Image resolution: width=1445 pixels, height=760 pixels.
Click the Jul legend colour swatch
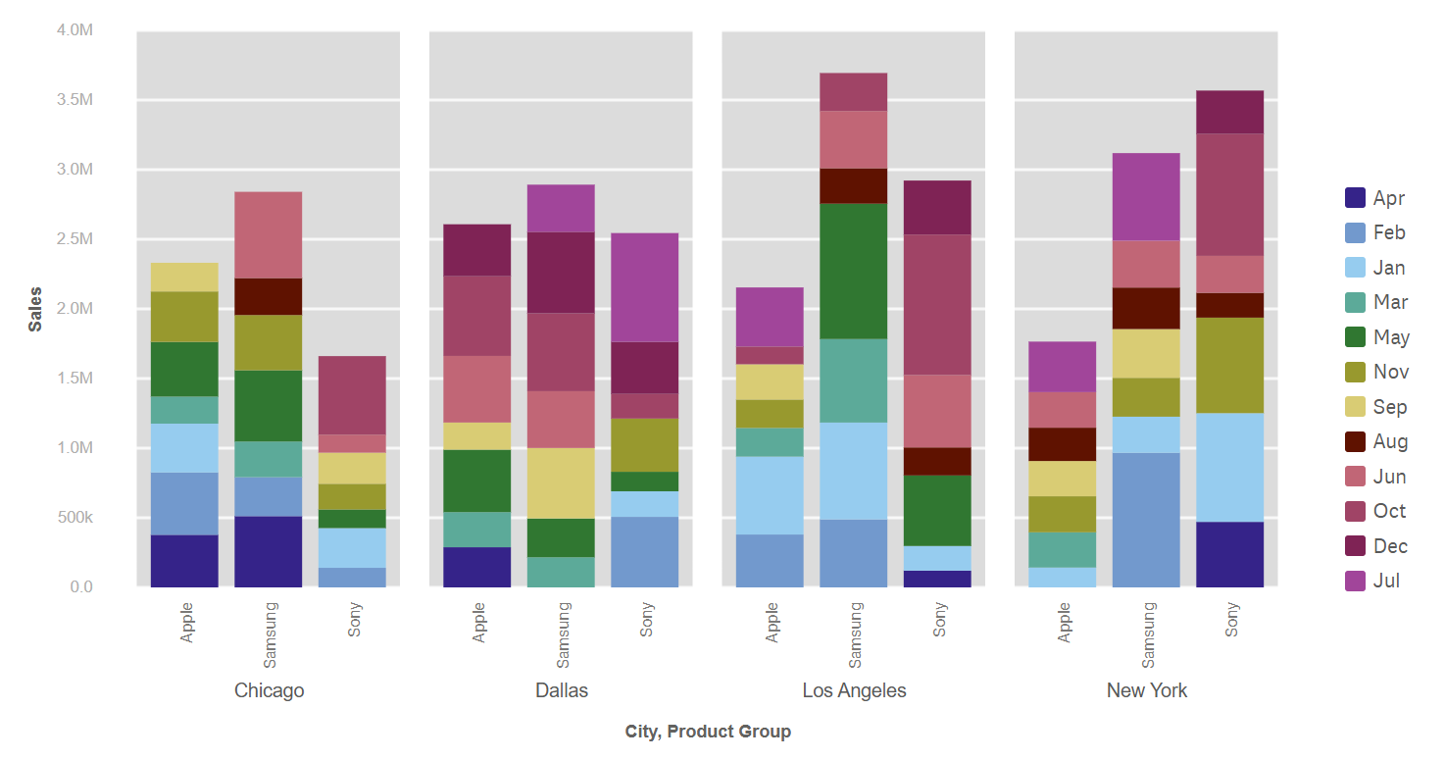[1356, 581]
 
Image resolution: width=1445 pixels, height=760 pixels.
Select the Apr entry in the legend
[1388, 198]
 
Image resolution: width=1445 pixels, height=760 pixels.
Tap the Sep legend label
[1389, 407]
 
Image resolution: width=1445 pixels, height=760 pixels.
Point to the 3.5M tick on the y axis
[75, 100]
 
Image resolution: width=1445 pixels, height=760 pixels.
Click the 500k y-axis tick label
[75, 518]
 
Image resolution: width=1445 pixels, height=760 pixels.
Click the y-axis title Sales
[35, 309]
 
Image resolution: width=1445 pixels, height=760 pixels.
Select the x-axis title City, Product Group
[707, 732]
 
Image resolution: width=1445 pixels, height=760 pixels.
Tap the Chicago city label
[269, 690]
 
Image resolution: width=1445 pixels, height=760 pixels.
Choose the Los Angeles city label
[854, 690]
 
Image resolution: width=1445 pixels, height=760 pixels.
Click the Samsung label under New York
[1148, 633]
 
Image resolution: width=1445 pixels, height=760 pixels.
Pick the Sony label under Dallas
[647, 620]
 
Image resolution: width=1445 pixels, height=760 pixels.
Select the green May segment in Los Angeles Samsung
[853, 271]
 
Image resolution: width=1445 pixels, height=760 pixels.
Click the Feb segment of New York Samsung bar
[1146, 520]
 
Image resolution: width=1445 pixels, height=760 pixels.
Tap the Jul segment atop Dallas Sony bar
[644, 287]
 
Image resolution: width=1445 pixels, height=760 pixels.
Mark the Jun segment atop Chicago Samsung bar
[268, 235]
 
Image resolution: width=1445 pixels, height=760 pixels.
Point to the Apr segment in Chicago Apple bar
[184, 561]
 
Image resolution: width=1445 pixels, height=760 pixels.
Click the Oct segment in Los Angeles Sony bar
[937, 305]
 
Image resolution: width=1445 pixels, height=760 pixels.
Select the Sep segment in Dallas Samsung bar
[561, 483]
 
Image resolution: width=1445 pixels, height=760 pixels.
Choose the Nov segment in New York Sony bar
[1229, 365]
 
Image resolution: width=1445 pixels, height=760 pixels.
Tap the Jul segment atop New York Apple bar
[1063, 367]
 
